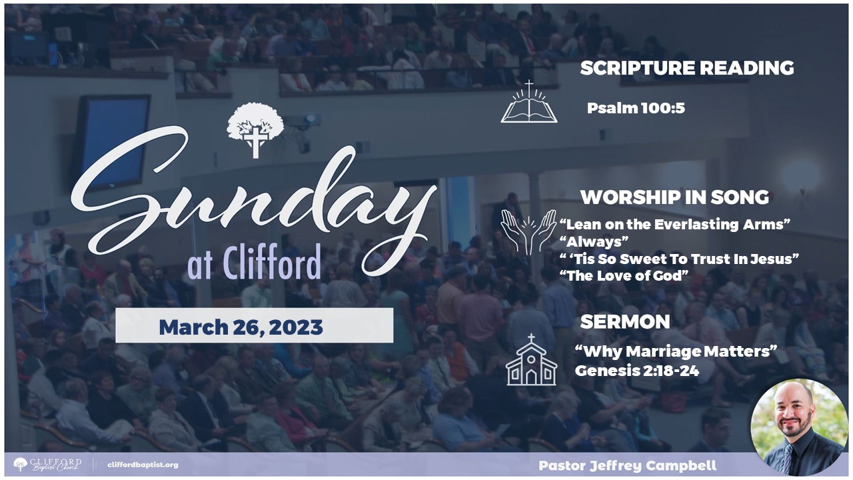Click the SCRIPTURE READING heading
(687, 68)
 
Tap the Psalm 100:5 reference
(636, 108)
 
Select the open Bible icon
(529, 102)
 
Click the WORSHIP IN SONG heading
(674, 197)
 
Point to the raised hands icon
(529, 232)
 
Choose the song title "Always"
(594, 241)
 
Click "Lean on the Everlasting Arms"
(675, 224)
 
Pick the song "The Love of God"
(624, 275)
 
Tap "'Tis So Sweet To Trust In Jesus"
(679, 259)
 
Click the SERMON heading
(625, 322)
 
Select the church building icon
(531, 359)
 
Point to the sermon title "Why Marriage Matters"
(676, 351)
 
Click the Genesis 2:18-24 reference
(637, 371)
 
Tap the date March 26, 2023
(241, 327)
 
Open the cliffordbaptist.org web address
(143, 465)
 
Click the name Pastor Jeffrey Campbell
(628, 465)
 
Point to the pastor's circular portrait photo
(799, 427)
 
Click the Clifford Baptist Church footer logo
(47, 465)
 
